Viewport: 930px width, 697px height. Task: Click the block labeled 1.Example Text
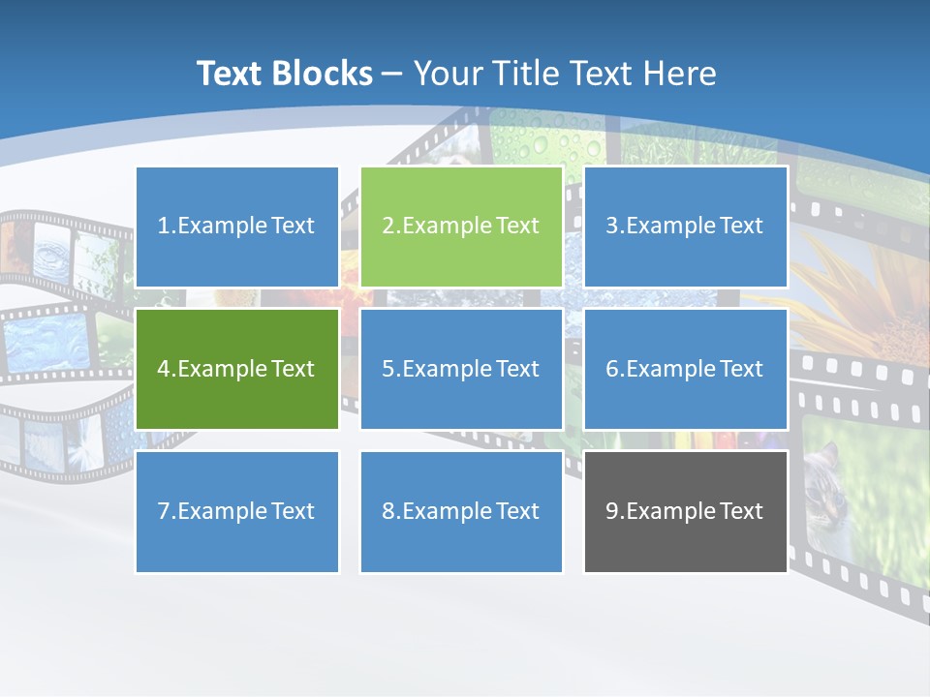coord(237,227)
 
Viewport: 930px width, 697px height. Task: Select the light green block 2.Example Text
coord(461,227)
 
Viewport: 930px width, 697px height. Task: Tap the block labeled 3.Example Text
coord(685,227)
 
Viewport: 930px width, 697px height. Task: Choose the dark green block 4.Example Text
coord(237,369)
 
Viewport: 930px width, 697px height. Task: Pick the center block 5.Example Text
coord(461,369)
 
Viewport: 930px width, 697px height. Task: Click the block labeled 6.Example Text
coord(685,369)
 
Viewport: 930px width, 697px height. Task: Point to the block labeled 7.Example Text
coord(237,511)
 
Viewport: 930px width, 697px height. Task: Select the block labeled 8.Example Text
coord(461,511)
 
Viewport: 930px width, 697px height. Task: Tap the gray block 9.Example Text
coord(685,511)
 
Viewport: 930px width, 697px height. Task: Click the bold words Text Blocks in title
coord(285,74)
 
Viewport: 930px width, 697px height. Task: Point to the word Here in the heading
coord(681,74)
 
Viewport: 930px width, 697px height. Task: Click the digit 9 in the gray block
coord(612,511)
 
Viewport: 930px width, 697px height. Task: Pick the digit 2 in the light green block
coord(387,227)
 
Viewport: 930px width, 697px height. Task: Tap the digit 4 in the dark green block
coord(164,369)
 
